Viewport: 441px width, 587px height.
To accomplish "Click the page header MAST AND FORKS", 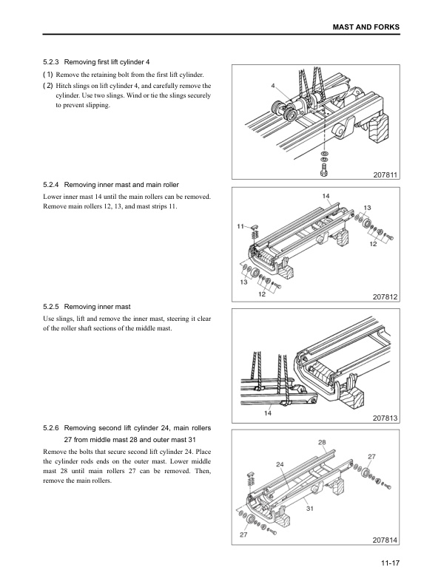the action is (366, 27).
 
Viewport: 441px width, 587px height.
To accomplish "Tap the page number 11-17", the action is (391, 563).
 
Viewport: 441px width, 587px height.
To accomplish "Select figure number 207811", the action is (386, 174).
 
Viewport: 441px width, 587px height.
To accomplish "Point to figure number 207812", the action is (386, 297).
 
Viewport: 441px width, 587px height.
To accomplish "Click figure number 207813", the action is (386, 418).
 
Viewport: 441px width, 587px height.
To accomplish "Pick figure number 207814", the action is (386, 540).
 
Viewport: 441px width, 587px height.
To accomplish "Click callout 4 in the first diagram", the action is (273, 86).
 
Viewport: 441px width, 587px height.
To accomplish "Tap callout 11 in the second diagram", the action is (240, 226).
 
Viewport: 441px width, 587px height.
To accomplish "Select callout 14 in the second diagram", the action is (326, 196).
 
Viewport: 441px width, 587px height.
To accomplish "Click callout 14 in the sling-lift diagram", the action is (268, 413).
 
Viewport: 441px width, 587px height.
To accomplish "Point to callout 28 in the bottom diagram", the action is (322, 442).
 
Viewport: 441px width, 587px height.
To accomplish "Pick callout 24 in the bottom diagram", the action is (280, 464).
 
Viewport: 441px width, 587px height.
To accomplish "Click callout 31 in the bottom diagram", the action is (310, 509).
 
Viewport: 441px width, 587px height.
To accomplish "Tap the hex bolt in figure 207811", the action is (324, 170).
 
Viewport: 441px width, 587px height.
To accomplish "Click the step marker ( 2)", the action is (48, 86).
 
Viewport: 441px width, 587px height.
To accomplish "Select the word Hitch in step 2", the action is (64, 86).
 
